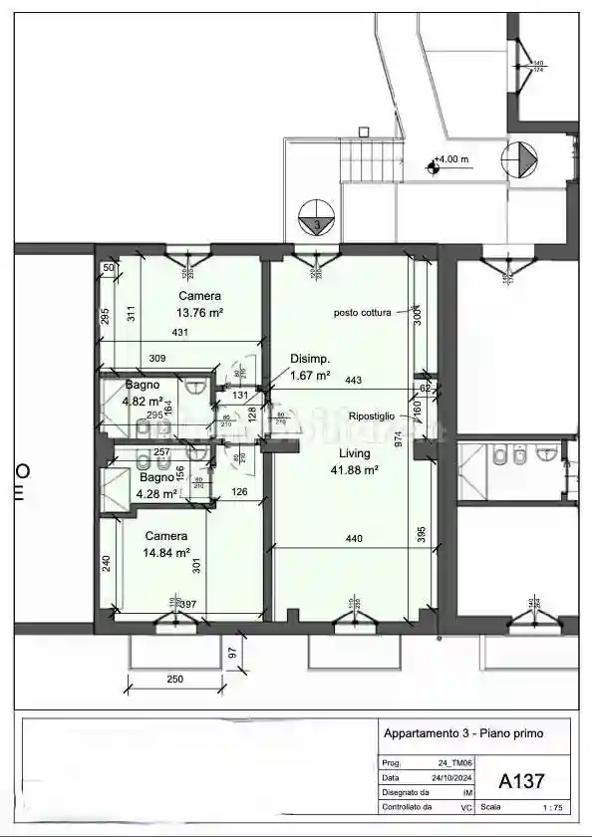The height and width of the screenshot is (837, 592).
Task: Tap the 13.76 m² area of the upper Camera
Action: tap(199, 312)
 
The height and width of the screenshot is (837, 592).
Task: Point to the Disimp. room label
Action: tap(310, 359)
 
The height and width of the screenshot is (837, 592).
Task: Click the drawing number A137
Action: tap(521, 780)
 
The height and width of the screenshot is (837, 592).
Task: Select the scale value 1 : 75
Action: tap(550, 808)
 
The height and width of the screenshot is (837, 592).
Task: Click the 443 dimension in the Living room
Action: tap(353, 380)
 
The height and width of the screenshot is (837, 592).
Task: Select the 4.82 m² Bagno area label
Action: tap(142, 402)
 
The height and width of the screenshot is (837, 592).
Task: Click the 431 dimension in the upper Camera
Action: tap(180, 332)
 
